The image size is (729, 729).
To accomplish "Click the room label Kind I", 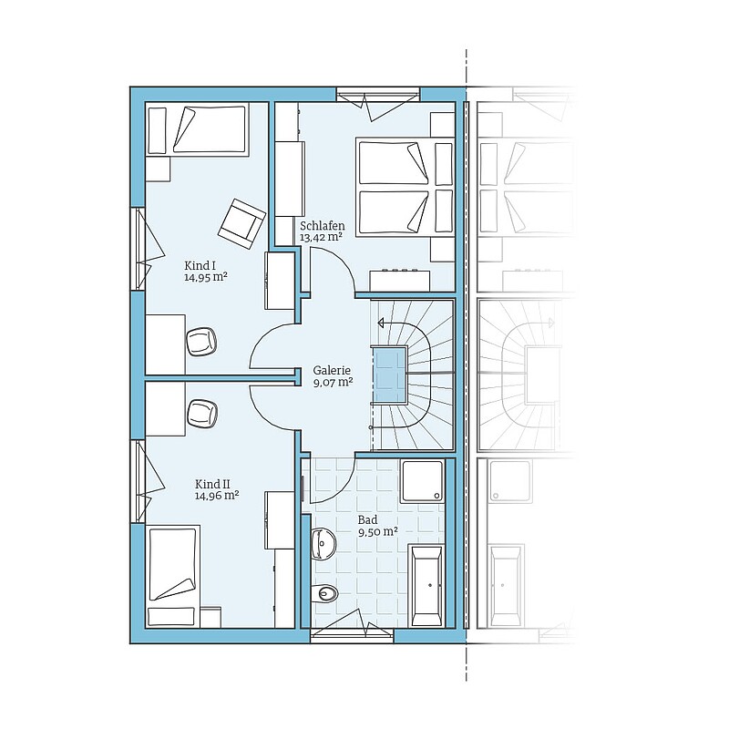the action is pyautogui.click(x=200, y=266).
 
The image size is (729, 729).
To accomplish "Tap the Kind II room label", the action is pyautogui.click(x=212, y=484).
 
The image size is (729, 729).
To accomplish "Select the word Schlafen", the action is pyautogui.click(x=323, y=226).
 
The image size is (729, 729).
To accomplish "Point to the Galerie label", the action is pyautogui.click(x=332, y=371).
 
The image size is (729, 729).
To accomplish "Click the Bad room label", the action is pyautogui.click(x=367, y=519).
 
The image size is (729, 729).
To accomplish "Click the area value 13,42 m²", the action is pyautogui.click(x=322, y=238).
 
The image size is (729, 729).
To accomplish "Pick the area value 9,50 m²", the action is pyautogui.click(x=377, y=532).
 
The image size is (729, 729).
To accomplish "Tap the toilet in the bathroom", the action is pyautogui.click(x=325, y=592).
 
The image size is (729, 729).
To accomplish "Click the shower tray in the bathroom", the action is pyautogui.click(x=423, y=481).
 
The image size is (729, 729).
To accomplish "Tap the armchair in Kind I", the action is pyautogui.click(x=241, y=220).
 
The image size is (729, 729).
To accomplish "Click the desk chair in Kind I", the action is pyautogui.click(x=201, y=342).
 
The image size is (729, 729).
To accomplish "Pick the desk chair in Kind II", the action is pyautogui.click(x=201, y=413).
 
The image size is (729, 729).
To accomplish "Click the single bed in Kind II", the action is pyautogui.click(x=173, y=576).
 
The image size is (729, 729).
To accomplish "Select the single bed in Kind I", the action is pyautogui.click(x=196, y=129).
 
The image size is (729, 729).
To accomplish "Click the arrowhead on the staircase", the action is pyautogui.click(x=381, y=323).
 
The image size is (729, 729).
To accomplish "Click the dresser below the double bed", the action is pyautogui.click(x=400, y=282).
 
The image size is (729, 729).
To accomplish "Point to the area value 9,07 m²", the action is pyautogui.click(x=333, y=383).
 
